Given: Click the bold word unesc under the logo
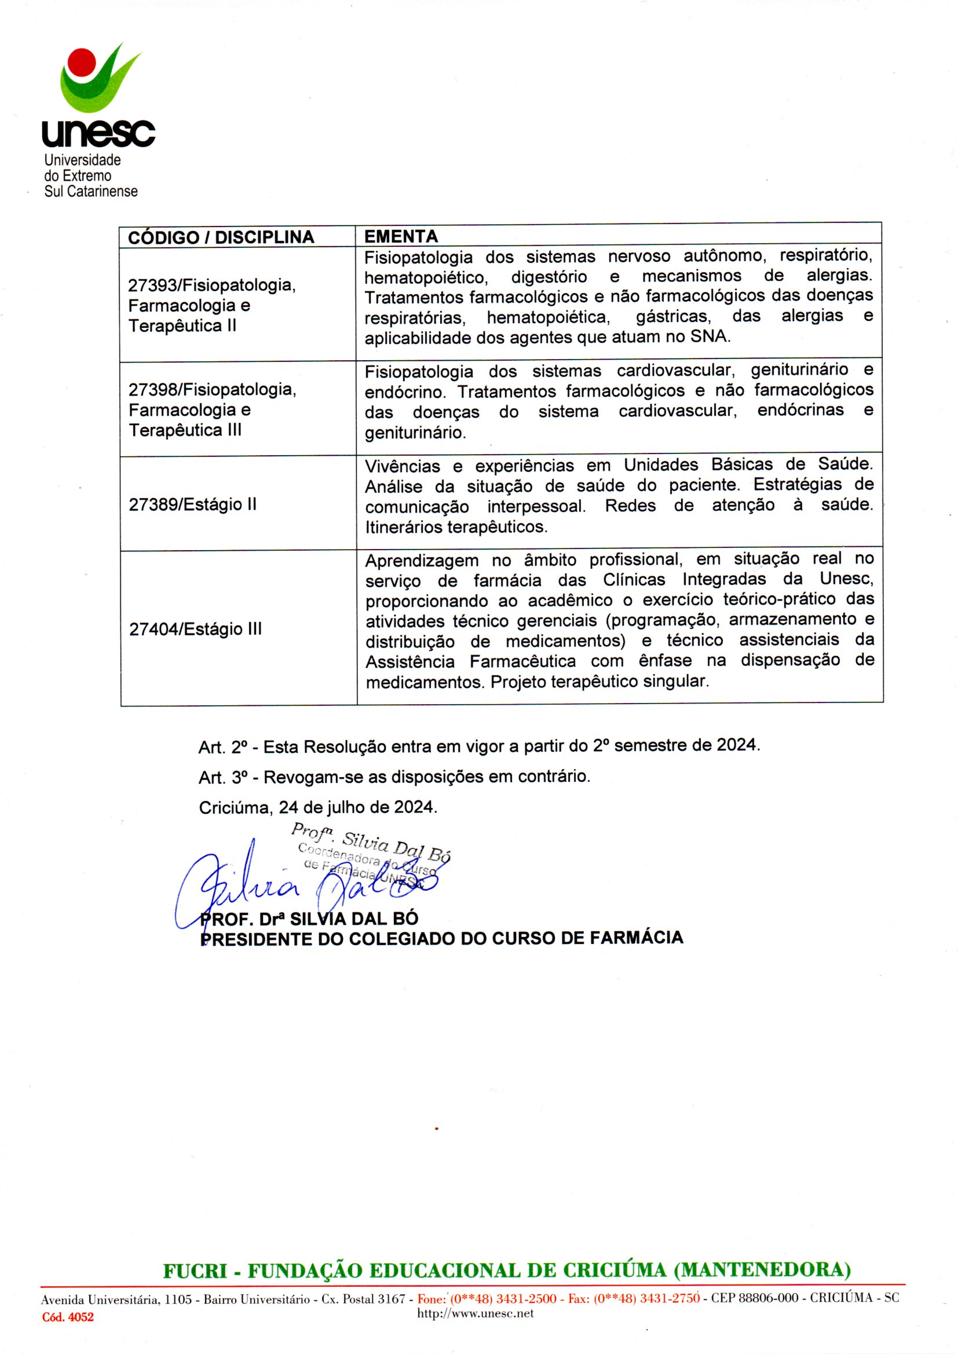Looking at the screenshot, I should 98,133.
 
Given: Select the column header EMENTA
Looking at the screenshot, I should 401,236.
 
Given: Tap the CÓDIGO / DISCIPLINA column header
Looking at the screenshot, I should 221,237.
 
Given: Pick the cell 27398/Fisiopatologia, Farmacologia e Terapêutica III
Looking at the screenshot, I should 213,409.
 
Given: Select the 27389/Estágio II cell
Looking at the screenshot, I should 192,504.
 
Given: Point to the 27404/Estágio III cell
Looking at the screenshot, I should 195,630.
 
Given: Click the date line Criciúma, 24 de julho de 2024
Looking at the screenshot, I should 318,807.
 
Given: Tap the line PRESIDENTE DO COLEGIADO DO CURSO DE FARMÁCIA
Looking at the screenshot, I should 442,938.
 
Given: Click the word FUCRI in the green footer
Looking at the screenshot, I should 195,1270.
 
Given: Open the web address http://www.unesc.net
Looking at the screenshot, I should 475,1313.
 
